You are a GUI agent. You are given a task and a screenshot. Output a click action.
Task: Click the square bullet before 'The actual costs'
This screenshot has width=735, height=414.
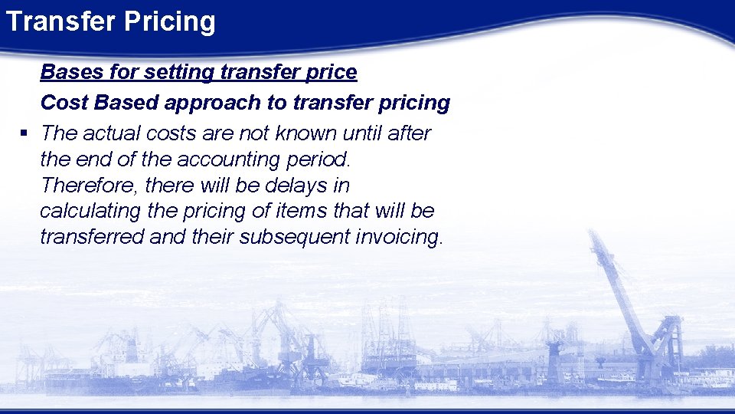point(24,133)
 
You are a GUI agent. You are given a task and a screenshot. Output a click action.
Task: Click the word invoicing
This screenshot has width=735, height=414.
point(399,238)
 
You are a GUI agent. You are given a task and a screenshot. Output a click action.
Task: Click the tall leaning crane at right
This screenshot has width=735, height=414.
point(628,299)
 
